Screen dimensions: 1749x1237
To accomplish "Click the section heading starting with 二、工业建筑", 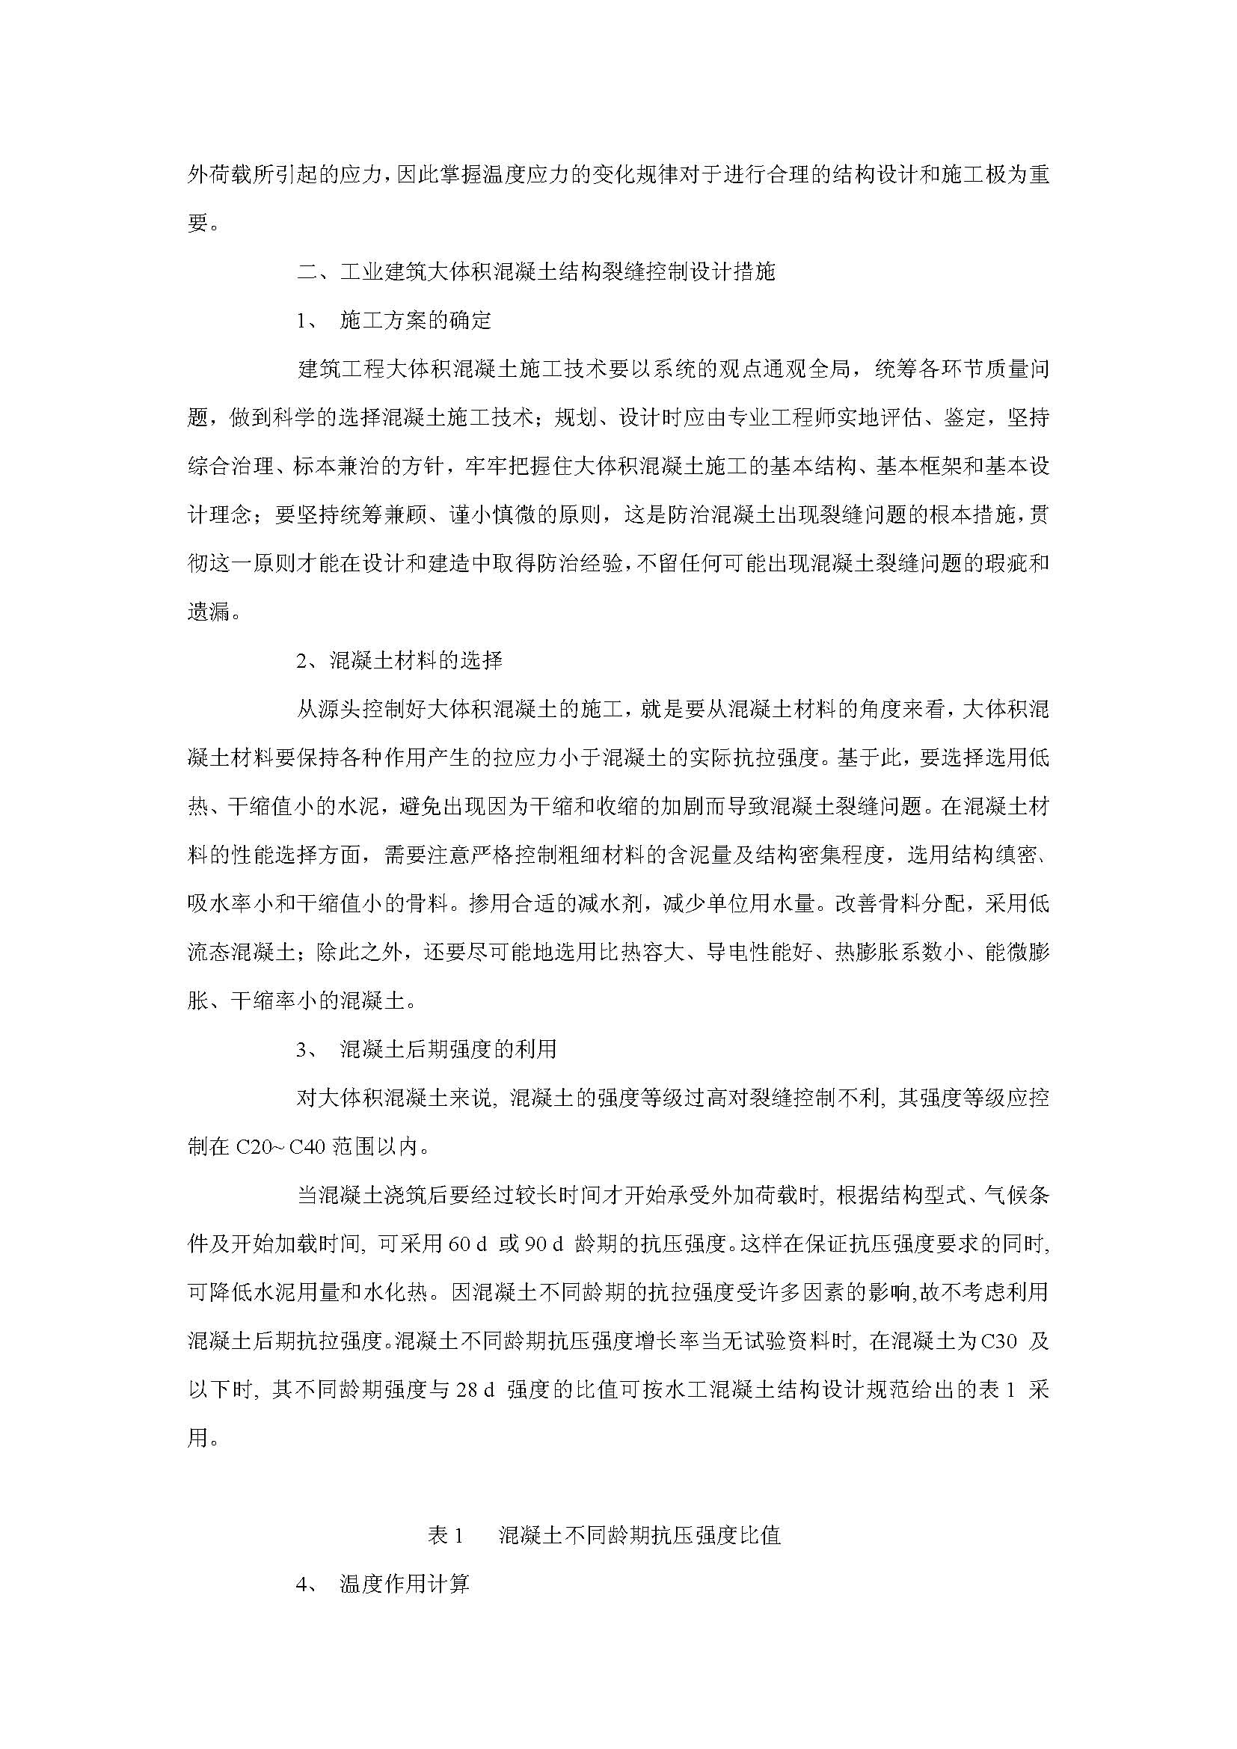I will (x=535, y=272).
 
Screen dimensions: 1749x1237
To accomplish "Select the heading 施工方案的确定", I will (x=415, y=321).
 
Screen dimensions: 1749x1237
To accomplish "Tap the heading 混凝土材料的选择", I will (x=415, y=660).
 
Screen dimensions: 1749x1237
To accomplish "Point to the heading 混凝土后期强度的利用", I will (x=448, y=1049).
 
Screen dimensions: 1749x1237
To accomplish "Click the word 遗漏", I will (x=209, y=612).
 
